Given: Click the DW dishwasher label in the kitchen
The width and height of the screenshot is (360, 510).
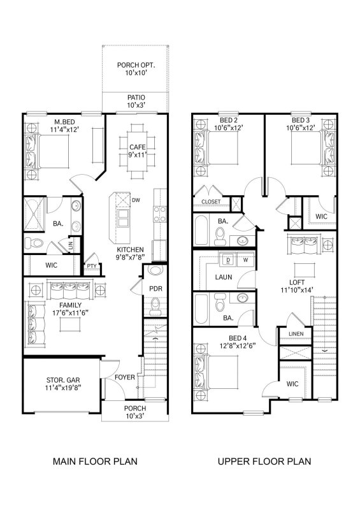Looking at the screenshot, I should [135, 200].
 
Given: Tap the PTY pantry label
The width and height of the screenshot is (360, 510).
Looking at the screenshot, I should [91, 266].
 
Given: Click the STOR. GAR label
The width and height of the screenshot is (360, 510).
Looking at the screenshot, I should [62, 383].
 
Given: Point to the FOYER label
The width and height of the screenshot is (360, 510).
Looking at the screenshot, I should [124, 377].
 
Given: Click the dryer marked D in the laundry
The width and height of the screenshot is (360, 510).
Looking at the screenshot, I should [226, 260].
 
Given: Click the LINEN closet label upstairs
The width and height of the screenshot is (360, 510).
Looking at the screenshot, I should [294, 334].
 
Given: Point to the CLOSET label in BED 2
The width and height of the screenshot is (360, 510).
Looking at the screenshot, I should [211, 202].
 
